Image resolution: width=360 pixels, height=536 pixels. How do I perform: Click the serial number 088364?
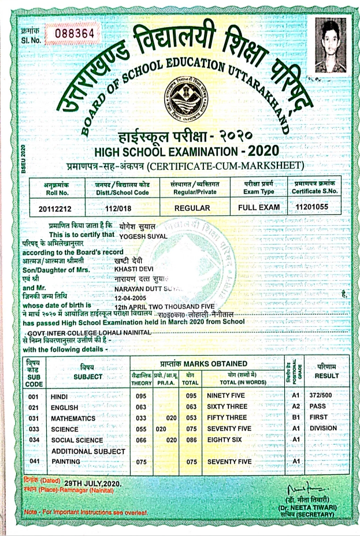pos(73,33)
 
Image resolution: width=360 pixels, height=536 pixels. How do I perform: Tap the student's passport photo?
pos(331,46)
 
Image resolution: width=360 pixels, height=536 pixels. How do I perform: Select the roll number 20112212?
pos(57,207)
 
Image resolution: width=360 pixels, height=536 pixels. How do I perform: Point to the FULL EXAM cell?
pos(258,207)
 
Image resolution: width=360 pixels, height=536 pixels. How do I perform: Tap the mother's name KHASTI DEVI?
pos(134,269)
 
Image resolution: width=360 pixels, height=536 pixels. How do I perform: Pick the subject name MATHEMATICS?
pos(73,418)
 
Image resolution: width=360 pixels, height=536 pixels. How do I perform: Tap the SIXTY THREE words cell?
pos(227,407)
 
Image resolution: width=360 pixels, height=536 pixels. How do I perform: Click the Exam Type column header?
pos(258,187)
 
